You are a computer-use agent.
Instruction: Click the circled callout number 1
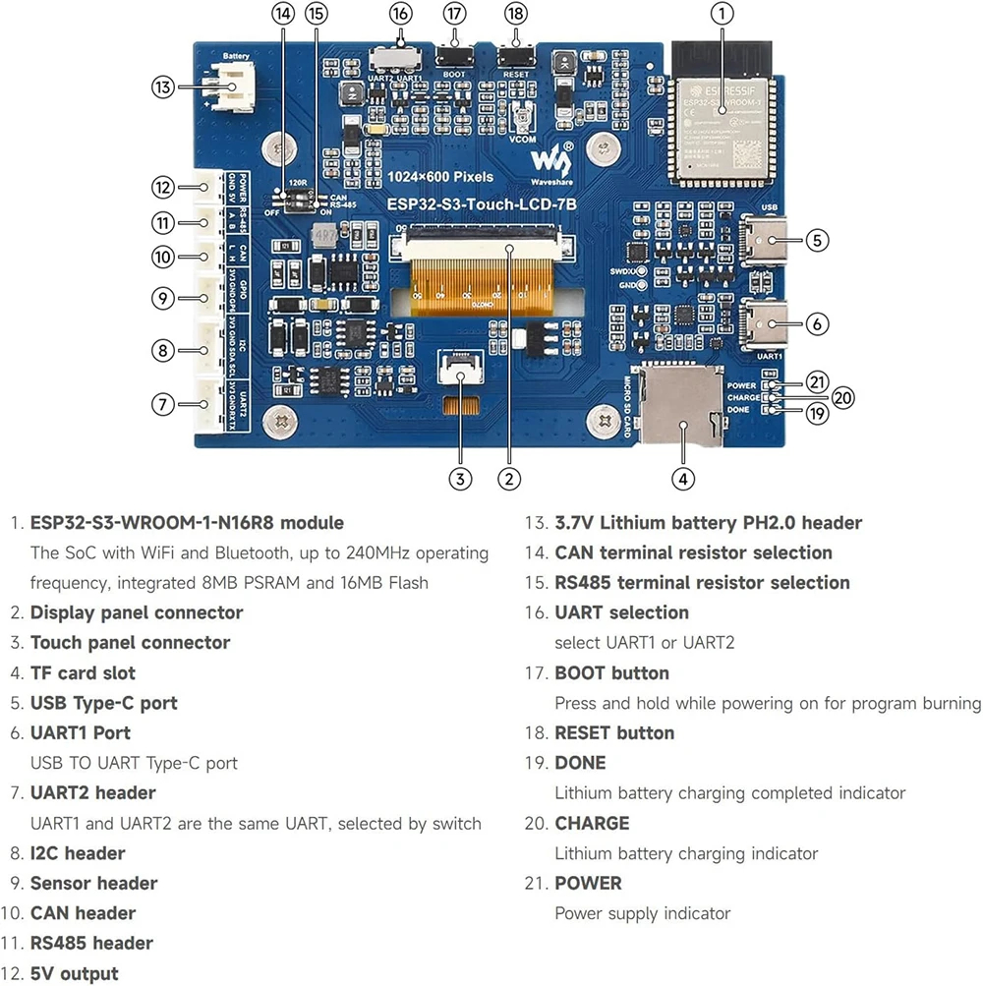click(x=722, y=14)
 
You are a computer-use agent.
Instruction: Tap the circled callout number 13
click(x=163, y=87)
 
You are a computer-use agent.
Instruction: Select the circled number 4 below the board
click(x=683, y=479)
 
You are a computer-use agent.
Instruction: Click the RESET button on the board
click(x=515, y=56)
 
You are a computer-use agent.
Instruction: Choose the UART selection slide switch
click(x=400, y=54)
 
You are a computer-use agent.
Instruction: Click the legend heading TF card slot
click(x=83, y=673)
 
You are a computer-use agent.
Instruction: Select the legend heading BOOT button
click(x=611, y=673)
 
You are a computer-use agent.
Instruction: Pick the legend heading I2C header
click(x=78, y=853)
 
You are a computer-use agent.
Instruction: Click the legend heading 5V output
click(x=74, y=973)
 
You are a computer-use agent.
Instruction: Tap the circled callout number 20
click(x=841, y=397)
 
